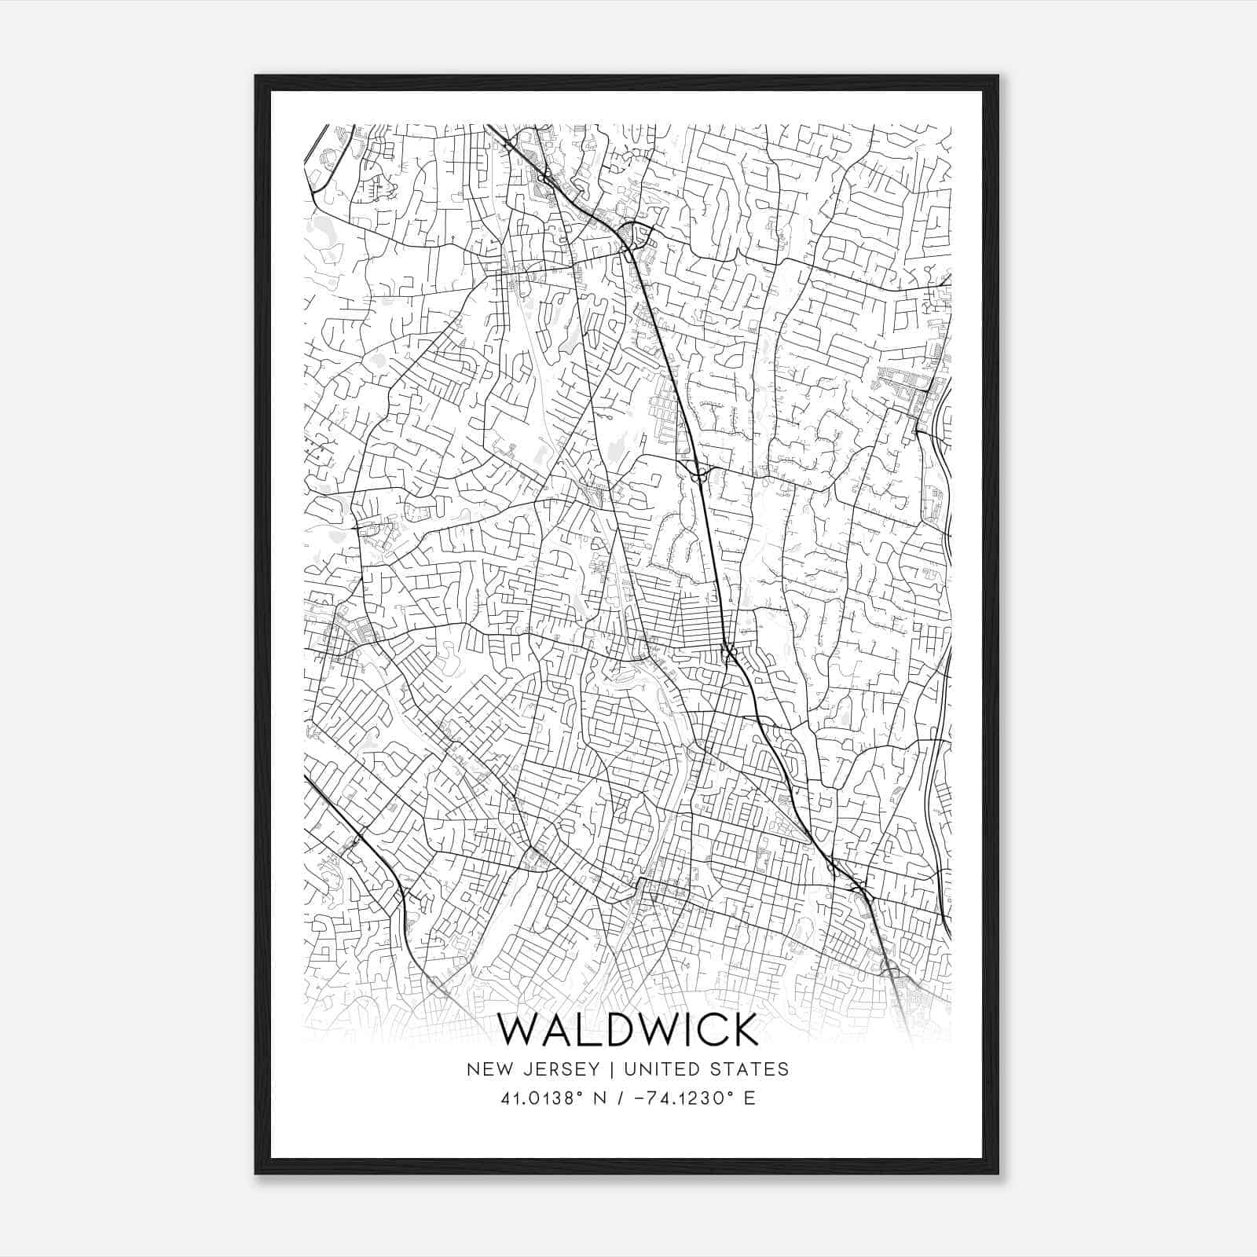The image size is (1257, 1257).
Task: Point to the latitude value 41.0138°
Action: [x=546, y=1098]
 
